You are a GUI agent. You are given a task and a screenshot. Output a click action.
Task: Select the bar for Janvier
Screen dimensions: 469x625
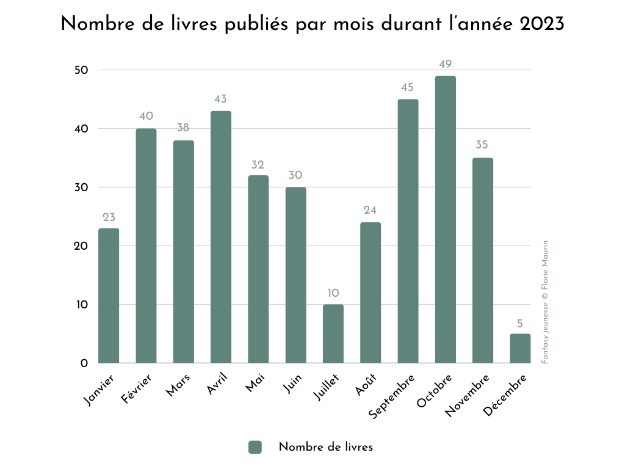point(109,296)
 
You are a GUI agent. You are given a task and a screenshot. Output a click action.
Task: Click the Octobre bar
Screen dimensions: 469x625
point(446,220)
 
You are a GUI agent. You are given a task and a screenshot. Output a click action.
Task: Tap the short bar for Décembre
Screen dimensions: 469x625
point(520,348)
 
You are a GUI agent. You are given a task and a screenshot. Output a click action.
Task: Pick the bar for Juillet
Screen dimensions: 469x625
point(333,333)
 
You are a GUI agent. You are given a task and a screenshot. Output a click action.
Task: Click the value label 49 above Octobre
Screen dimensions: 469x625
point(446,64)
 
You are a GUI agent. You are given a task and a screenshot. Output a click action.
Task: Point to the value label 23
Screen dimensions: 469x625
point(109,217)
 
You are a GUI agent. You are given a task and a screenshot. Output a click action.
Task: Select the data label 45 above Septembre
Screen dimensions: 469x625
point(408,88)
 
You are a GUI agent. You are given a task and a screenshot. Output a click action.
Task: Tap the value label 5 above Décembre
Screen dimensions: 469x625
point(520,322)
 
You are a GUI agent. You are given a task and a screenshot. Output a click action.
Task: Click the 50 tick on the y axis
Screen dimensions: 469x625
point(81,70)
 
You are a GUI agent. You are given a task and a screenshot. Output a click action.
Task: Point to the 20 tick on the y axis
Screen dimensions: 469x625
point(81,246)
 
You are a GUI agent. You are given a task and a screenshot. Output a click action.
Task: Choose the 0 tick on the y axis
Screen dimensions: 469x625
point(84,363)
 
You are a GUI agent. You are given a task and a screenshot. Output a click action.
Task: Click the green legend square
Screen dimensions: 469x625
point(255,447)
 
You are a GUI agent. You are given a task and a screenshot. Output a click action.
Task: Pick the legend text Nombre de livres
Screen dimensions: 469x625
point(325,447)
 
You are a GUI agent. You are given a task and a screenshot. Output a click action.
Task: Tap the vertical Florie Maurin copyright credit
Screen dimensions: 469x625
point(545,302)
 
